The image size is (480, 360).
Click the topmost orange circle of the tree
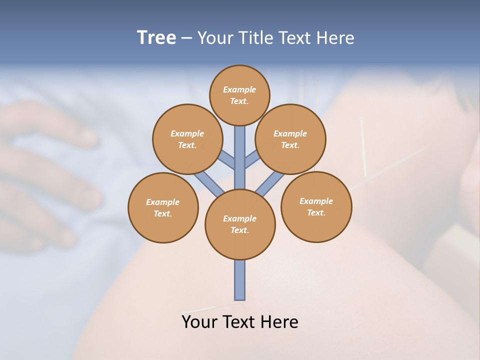(239, 95)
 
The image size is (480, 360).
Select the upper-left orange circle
(187, 139)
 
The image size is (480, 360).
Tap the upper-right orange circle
(290, 139)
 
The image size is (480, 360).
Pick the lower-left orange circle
(163, 207)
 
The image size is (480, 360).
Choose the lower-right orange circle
(316, 206)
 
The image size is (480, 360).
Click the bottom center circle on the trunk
(240, 224)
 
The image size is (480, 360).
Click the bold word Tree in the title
(156, 37)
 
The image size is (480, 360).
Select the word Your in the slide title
(215, 37)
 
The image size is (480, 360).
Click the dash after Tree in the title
(186, 38)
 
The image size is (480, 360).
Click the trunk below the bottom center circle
(240, 280)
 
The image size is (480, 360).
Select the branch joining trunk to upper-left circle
(227, 160)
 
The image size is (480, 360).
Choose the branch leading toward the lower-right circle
(270, 183)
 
